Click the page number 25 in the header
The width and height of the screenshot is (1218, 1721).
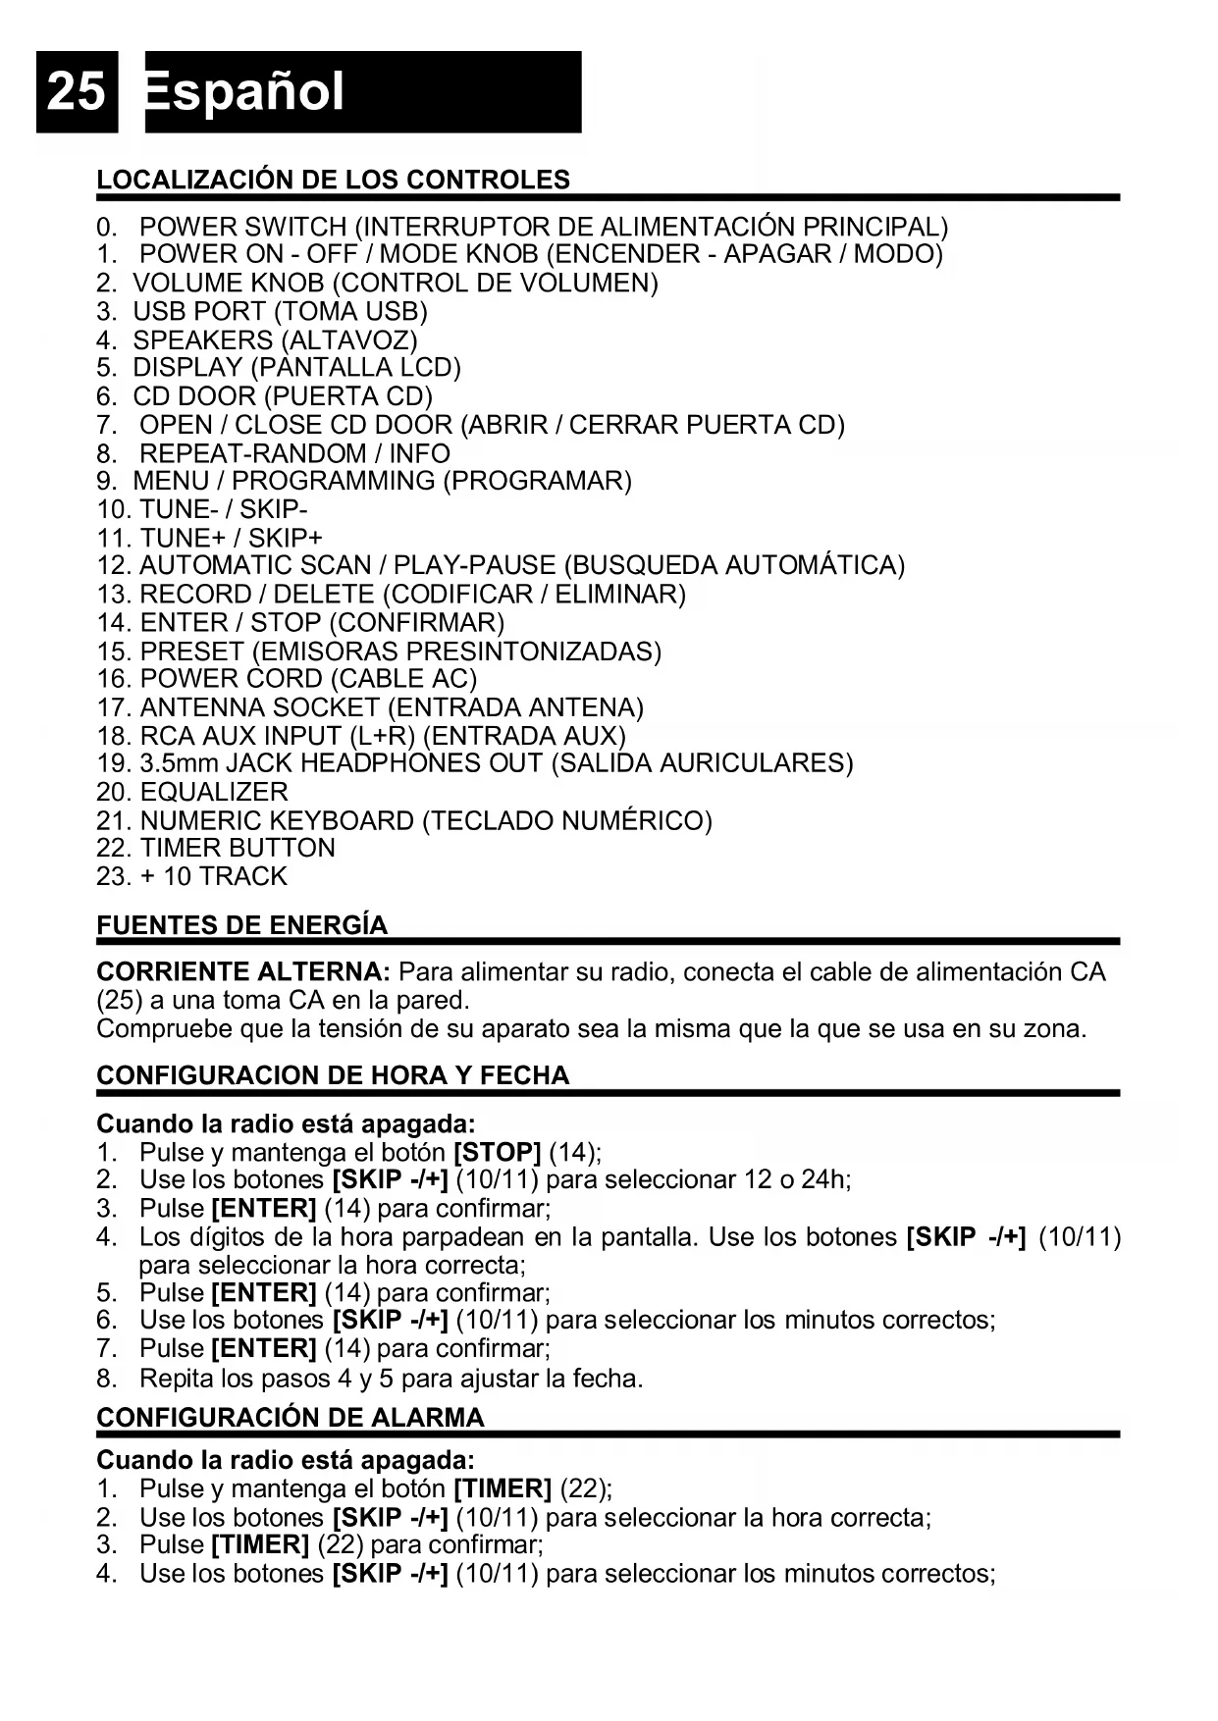[76, 92]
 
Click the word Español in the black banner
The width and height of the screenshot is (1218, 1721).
[245, 92]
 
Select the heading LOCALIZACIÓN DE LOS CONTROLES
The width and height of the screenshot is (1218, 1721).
[333, 180]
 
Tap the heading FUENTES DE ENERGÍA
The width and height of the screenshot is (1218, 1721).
[241, 925]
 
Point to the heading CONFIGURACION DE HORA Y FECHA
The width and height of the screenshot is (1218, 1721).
[333, 1075]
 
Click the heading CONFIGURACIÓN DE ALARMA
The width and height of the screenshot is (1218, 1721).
[291, 1418]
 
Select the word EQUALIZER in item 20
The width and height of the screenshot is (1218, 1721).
[214, 792]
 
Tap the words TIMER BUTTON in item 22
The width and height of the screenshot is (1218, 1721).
[238, 848]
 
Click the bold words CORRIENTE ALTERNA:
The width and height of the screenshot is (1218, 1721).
[243, 972]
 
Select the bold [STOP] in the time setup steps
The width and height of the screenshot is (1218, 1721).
[498, 1152]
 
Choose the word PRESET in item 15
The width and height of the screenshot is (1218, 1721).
[191, 652]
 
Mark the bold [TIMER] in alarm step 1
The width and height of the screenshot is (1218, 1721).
[503, 1488]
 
